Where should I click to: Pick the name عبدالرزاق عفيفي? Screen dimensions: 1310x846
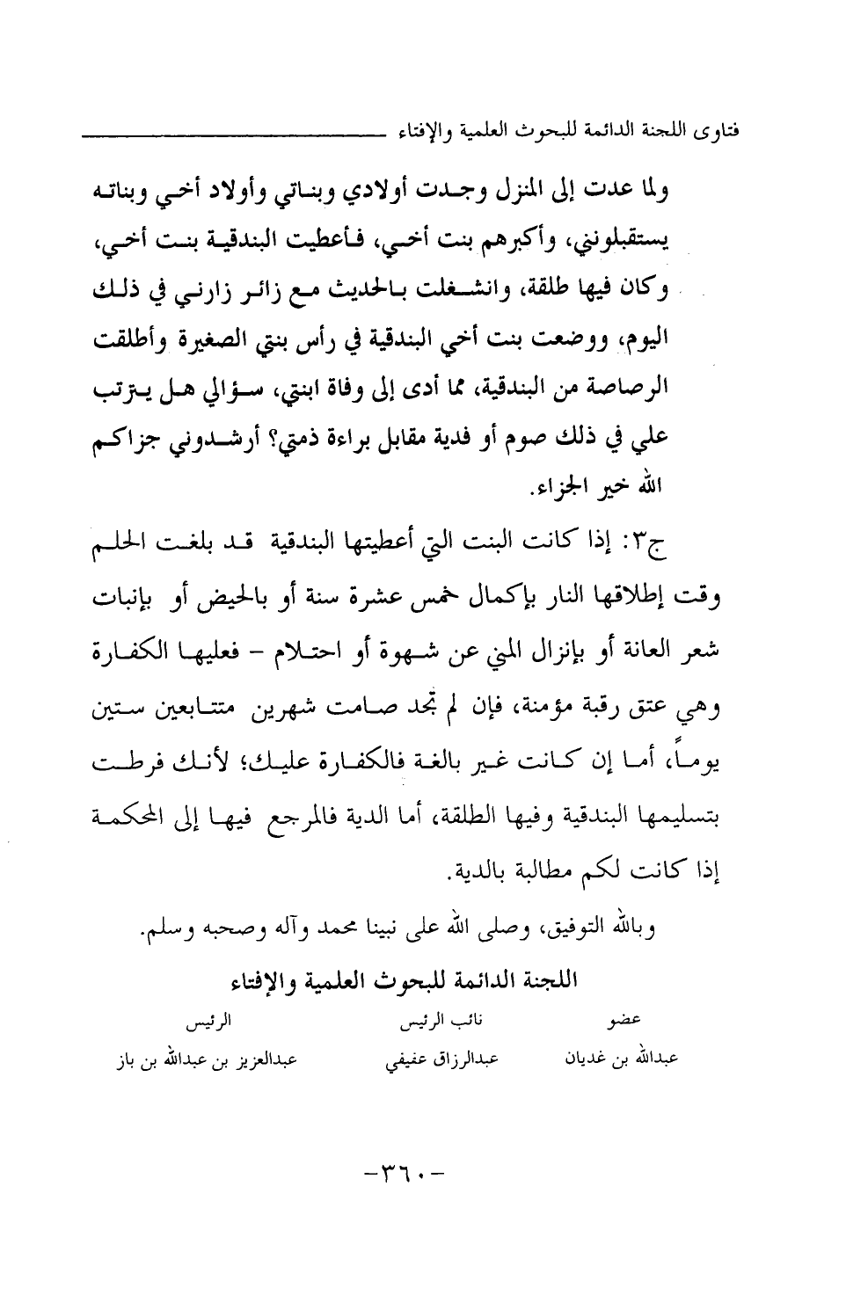click(x=441, y=1059)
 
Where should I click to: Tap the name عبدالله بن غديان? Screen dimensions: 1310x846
click(x=621, y=1059)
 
